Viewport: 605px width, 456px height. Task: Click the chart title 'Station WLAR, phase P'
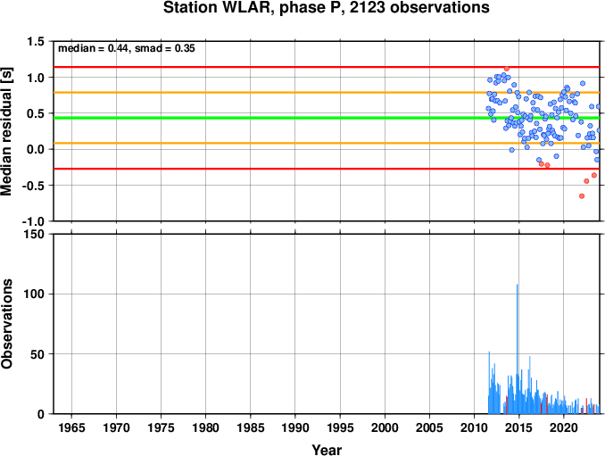(254, 8)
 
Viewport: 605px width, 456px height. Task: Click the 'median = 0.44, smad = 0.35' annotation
(127, 48)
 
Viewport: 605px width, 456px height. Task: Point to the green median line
(327, 118)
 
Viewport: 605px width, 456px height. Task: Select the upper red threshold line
(327, 67)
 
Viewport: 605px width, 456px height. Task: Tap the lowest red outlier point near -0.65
(582, 196)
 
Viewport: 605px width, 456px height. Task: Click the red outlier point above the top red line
(507, 69)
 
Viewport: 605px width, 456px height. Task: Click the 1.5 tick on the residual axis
(36, 41)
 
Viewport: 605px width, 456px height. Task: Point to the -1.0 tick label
(33, 221)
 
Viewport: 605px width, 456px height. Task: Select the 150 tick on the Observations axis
(34, 234)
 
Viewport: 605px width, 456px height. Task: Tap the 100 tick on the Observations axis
(34, 294)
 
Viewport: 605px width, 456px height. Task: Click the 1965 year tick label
(71, 427)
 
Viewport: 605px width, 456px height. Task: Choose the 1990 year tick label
(295, 427)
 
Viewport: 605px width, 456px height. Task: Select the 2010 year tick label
(474, 427)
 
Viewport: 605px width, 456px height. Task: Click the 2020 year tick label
(564, 427)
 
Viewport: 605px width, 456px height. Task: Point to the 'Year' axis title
(327, 450)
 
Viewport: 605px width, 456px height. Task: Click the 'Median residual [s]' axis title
(6, 131)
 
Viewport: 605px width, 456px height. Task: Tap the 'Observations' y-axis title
(6, 324)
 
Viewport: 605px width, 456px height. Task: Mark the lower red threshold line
(327, 169)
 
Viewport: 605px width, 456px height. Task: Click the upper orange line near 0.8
(327, 93)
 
